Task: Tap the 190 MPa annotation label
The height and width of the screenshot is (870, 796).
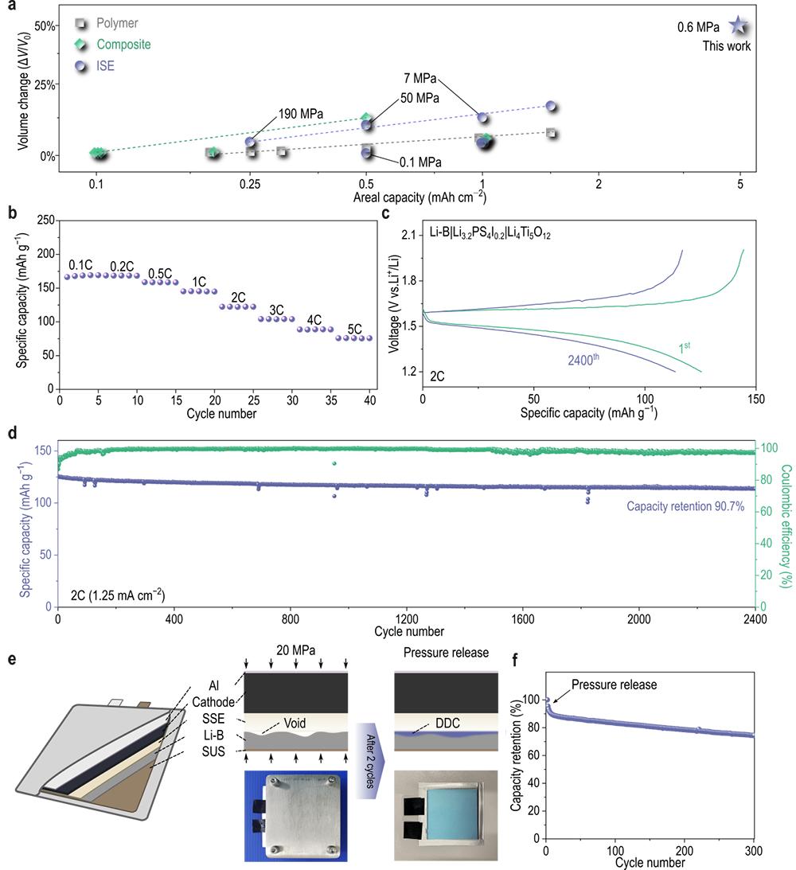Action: [301, 114]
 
